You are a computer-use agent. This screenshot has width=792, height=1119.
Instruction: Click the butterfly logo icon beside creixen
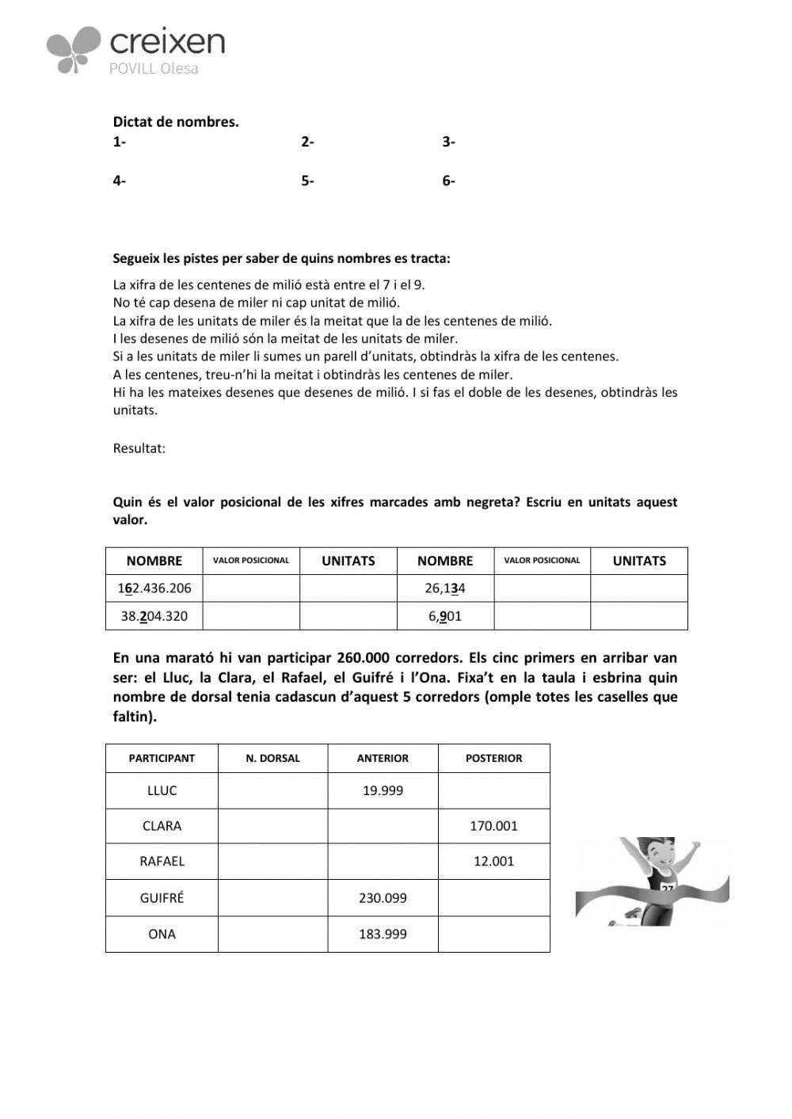[74, 49]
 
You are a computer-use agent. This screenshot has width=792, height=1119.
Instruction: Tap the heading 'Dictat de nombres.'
[176, 122]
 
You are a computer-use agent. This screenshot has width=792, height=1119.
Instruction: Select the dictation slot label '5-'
[307, 181]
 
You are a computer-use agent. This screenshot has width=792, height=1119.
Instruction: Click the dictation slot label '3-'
[448, 142]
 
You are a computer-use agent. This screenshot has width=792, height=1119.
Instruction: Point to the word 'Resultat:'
[139, 448]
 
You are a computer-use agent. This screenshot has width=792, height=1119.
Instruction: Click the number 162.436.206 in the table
[154, 588]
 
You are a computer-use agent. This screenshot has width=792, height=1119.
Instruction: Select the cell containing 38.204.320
[154, 616]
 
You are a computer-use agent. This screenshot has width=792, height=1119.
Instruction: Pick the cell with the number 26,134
[445, 588]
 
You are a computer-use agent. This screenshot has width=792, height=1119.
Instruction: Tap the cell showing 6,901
[445, 616]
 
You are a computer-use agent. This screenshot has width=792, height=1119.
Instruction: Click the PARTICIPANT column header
[162, 758]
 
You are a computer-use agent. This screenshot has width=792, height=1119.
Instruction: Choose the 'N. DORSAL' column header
[272, 758]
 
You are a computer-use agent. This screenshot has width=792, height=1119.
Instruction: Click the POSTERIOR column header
[493, 758]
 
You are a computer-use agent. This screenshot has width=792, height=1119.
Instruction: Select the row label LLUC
[162, 790]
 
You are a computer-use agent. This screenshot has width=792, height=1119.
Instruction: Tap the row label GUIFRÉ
[162, 898]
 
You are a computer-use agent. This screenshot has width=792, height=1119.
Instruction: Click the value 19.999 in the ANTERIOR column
[383, 790]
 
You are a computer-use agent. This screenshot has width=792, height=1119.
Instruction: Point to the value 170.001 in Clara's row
[493, 826]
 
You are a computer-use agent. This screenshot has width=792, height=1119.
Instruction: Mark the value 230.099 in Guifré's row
[383, 898]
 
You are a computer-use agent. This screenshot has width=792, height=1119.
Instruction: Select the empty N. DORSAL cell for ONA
[272, 934]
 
